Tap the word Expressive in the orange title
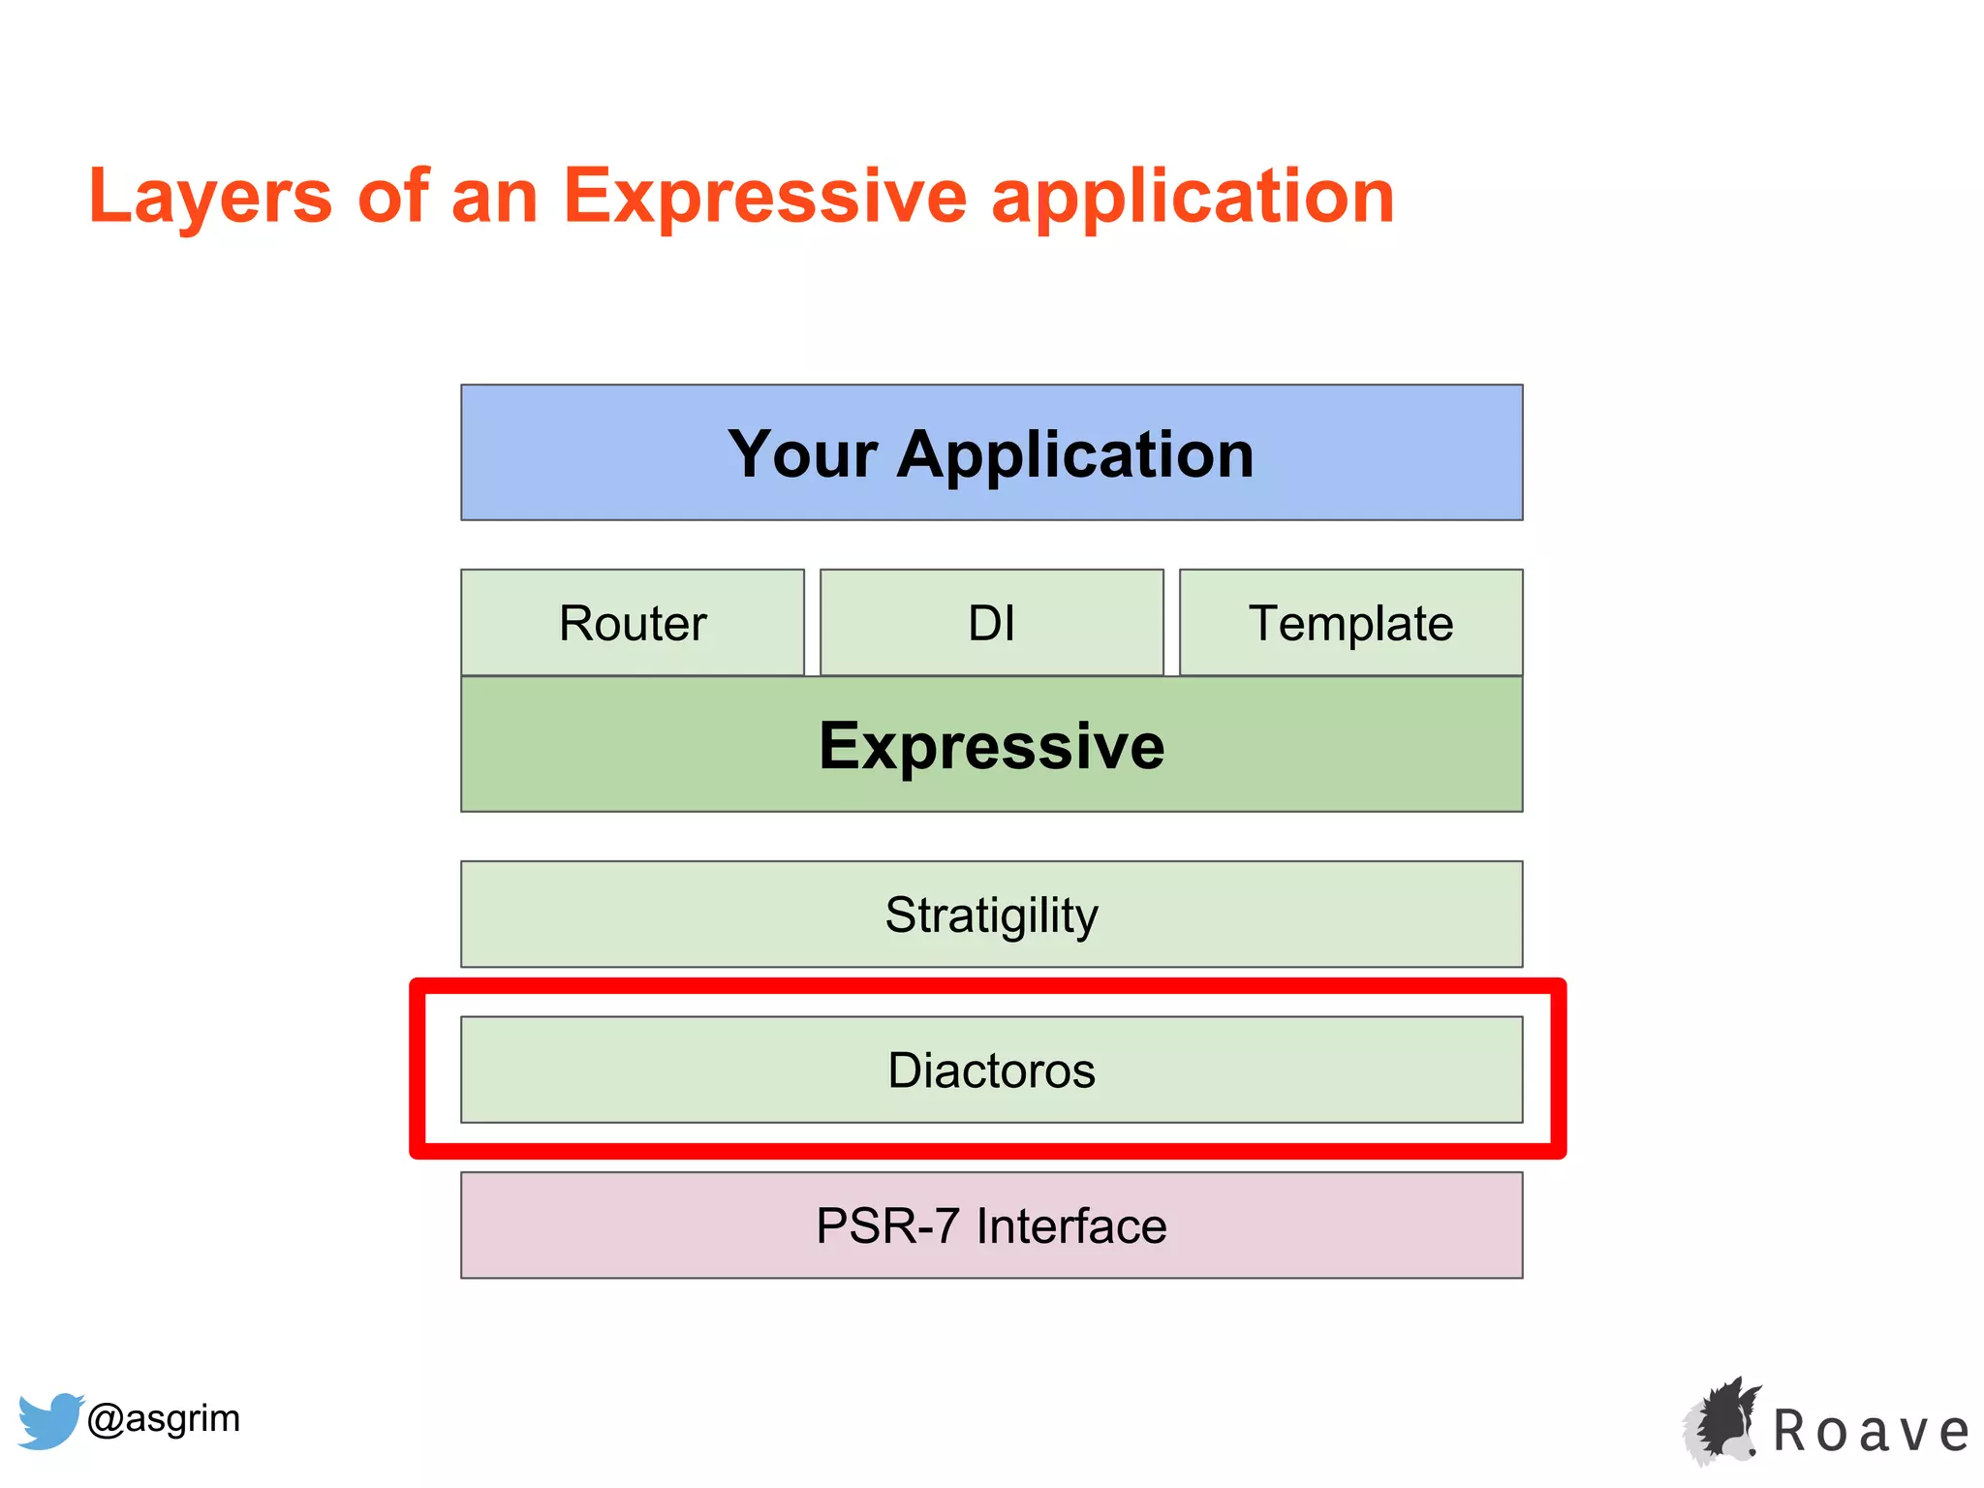[x=764, y=197]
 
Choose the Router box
[x=633, y=623]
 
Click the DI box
[x=991, y=623]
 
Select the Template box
[x=1350, y=623]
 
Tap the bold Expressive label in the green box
[x=991, y=746]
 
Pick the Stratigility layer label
[x=991, y=915]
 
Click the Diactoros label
[x=991, y=1070]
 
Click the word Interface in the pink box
[x=1070, y=1225]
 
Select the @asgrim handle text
[x=163, y=1418]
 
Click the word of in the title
[x=392, y=197]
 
